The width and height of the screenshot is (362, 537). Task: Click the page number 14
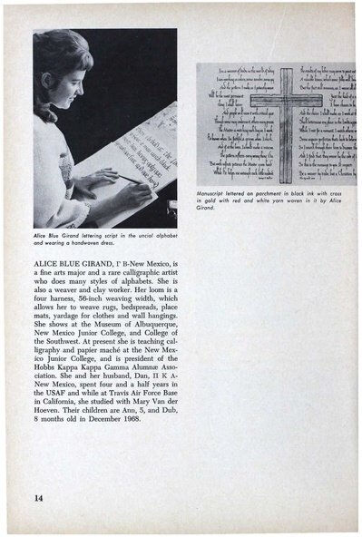pos(38,498)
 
